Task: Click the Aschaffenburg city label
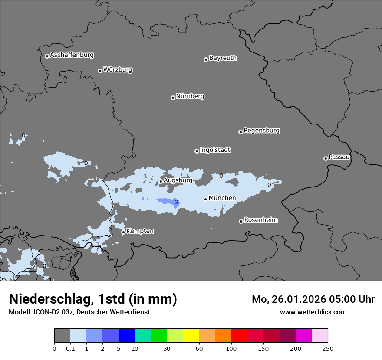click(72, 55)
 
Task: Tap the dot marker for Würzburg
click(100, 71)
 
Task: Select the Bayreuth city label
click(223, 58)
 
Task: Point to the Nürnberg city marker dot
click(173, 98)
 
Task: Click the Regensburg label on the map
click(261, 131)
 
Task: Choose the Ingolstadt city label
click(215, 150)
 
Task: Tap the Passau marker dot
click(326, 158)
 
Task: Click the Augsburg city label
click(178, 180)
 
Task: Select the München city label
click(222, 198)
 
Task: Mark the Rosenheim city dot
click(241, 222)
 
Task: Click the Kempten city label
click(140, 231)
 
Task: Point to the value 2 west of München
click(177, 202)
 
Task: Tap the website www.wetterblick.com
click(313, 312)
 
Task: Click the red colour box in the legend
click(239, 336)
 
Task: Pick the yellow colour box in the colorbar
click(191, 336)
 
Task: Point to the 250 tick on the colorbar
click(327, 348)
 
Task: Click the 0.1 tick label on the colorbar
click(70, 348)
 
